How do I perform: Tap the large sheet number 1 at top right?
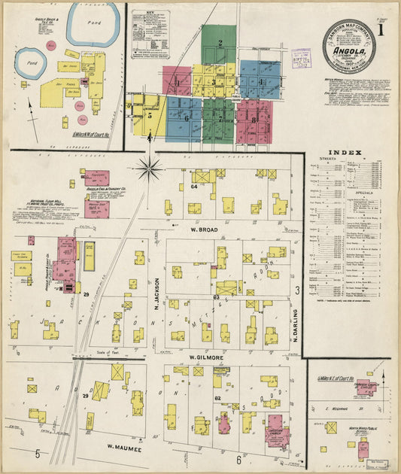[x=383, y=31]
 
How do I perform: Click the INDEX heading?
[x=351, y=153]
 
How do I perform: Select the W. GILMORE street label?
[x=203, y=356]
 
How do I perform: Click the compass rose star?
[x=150, y=167]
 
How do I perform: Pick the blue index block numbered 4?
[x=261, y=81]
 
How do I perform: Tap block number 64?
[x=194, y=186]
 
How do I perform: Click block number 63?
[x=216, y=298]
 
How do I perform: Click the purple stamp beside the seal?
[x=301, y=57]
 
